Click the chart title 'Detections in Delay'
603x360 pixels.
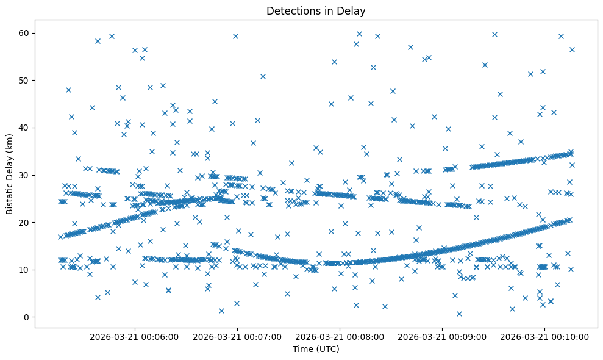tap(316, 10)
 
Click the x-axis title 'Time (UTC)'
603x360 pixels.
tap(316, 349)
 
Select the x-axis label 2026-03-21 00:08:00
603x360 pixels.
tap(340, 336)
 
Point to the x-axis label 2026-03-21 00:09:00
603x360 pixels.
tap(442, 336)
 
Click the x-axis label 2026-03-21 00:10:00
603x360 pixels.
tap(545, 336)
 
